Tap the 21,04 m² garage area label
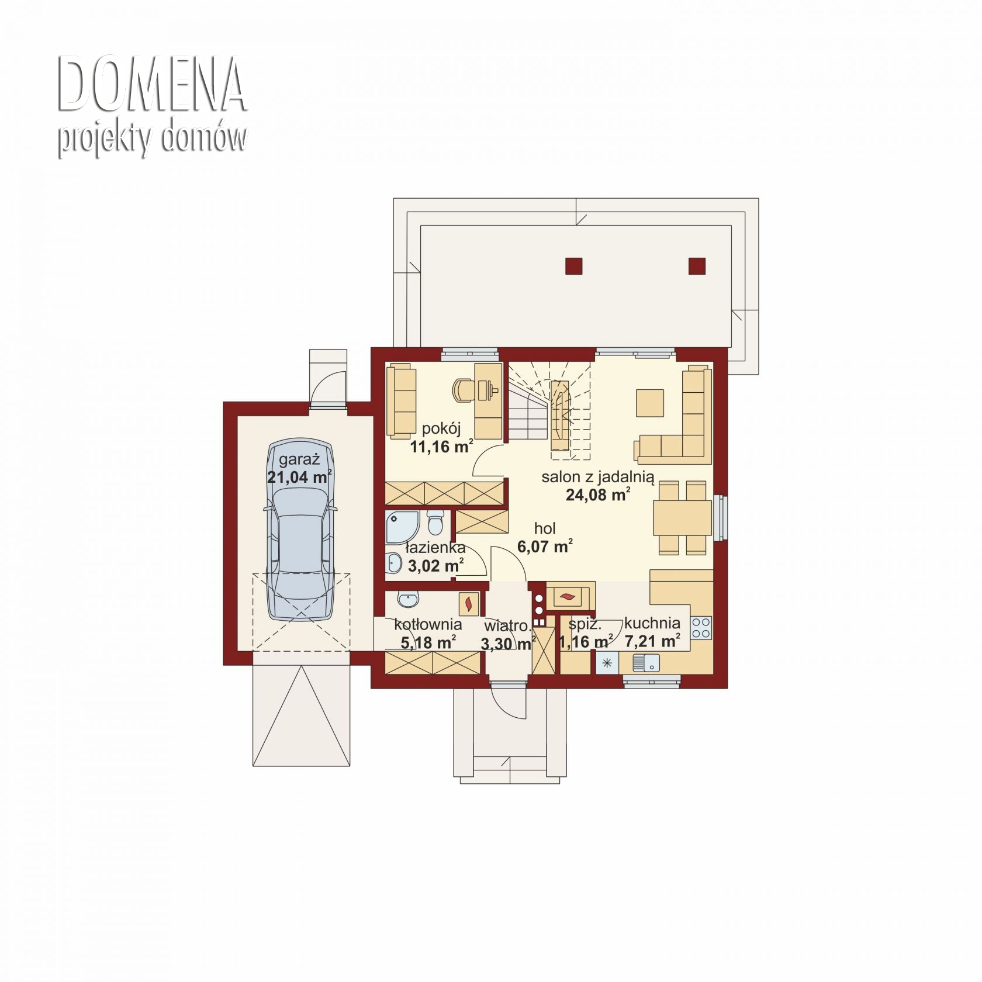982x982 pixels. (x=300, y=476)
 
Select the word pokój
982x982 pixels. (x=441, y=429)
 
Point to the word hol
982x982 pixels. (x=545, y=528)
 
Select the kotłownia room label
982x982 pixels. (x=428, y=624)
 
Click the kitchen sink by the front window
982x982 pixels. (x=646, y=663)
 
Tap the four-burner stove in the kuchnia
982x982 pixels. (x=701, y=628)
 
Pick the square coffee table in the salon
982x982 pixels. (x=651, y=403)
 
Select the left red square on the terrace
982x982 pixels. (x=574, y=266)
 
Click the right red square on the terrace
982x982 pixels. (x=697, y=266)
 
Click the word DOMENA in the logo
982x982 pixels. (x=151, y=84)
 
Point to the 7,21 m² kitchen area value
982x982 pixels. (x=652, y=641)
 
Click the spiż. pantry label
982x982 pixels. (x=585, y=624)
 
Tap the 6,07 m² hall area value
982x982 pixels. (x=545, y=547)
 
